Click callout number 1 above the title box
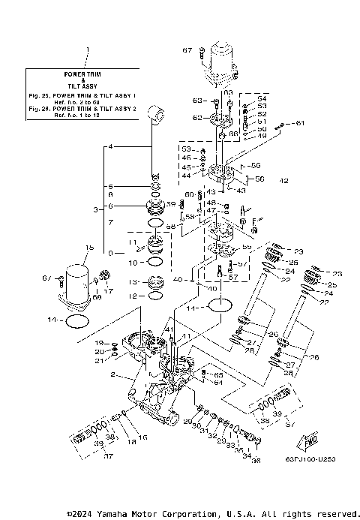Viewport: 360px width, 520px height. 88,51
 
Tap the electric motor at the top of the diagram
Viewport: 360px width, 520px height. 223,57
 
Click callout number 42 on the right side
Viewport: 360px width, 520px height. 283,180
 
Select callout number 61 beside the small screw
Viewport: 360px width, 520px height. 300,122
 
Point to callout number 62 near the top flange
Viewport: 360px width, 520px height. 196,118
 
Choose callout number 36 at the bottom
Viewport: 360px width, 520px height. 255,461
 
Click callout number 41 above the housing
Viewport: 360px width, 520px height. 169,330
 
